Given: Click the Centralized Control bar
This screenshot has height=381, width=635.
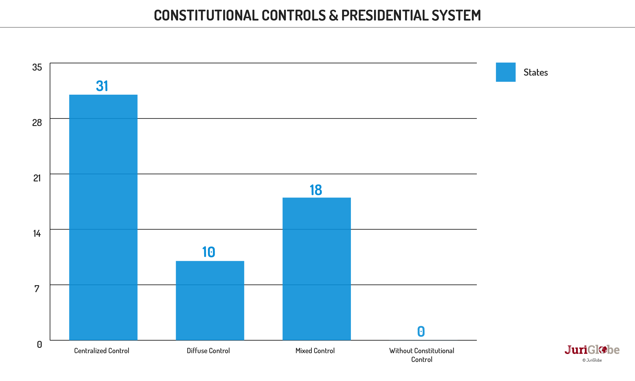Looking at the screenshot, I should tap(103, 217).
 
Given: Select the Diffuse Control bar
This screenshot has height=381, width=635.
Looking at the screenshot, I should tap(210, 300).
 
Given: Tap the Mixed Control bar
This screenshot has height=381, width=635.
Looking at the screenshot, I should tap(316, 269).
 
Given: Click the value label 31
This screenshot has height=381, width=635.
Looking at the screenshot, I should tap(102, 86).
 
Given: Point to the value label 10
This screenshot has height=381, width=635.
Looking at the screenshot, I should tap(209, 252).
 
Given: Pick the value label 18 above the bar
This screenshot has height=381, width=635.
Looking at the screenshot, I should tap(316, 190).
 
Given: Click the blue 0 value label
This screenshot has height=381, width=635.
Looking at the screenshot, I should tap(421, 331).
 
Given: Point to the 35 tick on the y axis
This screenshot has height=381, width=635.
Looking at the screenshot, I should tap(37, 67).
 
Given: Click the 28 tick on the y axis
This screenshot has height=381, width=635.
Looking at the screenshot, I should tap(37, 123).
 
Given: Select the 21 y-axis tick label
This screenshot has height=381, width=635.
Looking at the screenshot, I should tap(37, 178).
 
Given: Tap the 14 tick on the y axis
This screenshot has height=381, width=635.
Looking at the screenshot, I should tap(37, 233).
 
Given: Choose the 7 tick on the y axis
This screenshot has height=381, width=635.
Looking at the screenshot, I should tap(37, 289).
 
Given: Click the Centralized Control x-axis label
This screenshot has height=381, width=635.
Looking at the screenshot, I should tap(101, 351).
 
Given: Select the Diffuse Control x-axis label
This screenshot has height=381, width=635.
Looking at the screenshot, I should tap(208, 351).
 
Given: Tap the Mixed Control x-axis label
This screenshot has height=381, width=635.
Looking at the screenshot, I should tap(315, 351).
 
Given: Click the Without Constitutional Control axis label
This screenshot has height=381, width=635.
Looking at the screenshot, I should tap(421, 355).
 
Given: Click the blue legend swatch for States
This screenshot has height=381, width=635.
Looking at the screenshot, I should tap(506, 72).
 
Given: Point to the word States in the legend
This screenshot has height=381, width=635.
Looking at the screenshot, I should tap(535, 72).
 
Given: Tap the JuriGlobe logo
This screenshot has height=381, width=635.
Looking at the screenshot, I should tap(592, 350).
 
